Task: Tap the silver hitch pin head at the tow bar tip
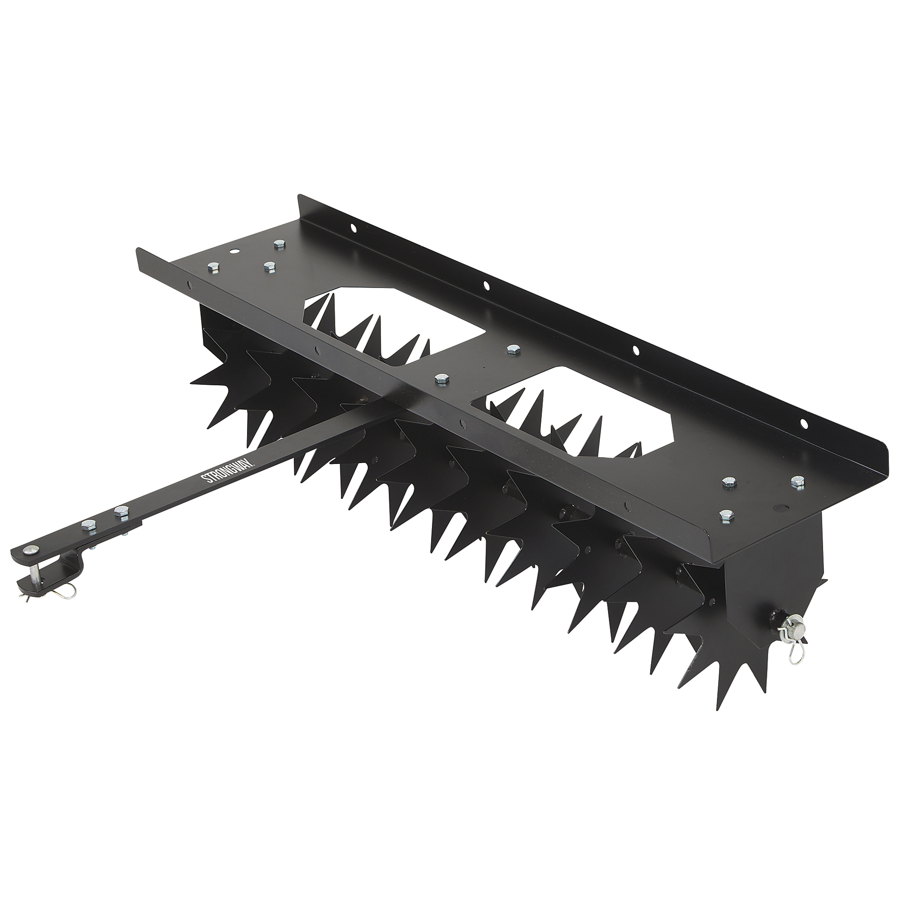click(31, 550)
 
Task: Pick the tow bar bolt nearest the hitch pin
click(88, 525)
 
